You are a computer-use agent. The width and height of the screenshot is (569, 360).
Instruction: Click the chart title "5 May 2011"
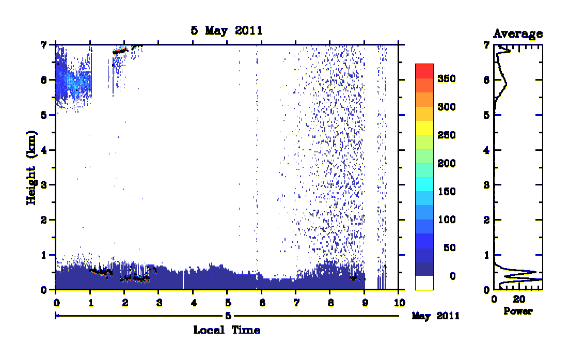tap(227, 30)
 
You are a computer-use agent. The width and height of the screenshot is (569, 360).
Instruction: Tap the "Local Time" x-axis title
tap(227, 330)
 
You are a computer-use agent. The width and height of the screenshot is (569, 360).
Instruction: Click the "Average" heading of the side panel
tap(518, 34)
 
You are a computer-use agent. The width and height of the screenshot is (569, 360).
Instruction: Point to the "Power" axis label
tap(518, 311)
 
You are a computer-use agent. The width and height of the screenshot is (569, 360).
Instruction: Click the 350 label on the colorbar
tap(446, 79)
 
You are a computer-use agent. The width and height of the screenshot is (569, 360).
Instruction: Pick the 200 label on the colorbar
tap(446, 163)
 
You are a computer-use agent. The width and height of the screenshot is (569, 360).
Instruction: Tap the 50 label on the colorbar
tap(449, 248)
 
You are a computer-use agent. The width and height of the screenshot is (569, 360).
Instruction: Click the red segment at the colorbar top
tap(424, 71)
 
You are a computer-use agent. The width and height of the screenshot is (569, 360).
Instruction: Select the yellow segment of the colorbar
tap(424, 128)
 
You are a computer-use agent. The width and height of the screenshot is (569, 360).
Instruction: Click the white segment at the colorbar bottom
tap(424, 283)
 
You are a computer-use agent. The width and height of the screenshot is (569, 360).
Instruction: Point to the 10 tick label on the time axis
tap(399, 303)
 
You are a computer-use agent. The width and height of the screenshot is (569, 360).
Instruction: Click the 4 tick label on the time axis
tap(194, 303)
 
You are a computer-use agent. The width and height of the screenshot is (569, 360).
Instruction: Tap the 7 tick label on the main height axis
tap(43, 45)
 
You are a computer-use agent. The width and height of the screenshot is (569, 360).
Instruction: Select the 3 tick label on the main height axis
tap(43, 185)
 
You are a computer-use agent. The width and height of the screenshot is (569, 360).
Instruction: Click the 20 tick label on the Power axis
tap(519, 299)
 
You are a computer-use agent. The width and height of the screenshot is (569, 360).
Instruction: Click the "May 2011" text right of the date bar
tap(435, 316)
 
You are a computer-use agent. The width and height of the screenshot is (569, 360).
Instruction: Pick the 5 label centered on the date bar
tap(228, 316)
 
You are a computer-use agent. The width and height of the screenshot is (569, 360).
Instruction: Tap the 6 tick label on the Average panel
tap(486, 80)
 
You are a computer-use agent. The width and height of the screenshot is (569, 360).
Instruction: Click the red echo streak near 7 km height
tap(120, 51)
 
